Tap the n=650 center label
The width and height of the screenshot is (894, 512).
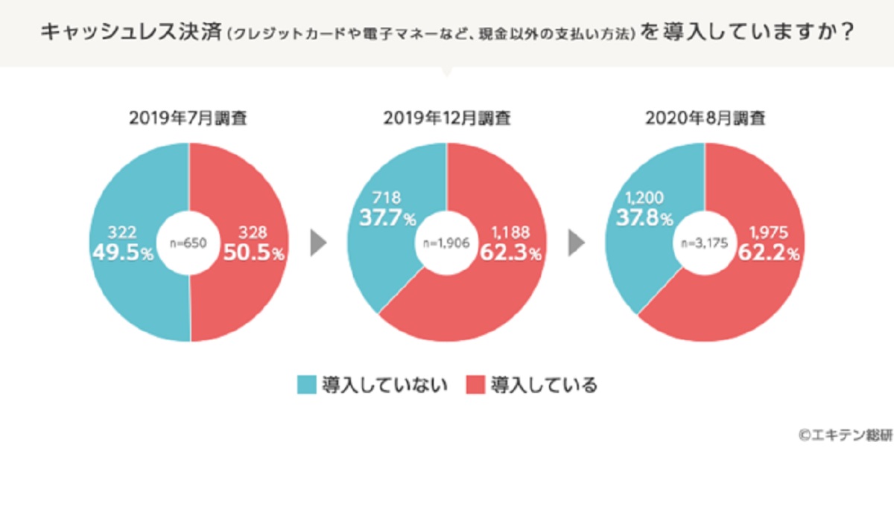[189, 243]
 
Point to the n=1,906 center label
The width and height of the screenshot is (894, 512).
[446, 243]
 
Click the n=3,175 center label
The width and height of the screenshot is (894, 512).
[704, 243]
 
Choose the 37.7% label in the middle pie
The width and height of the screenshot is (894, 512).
[382, 218]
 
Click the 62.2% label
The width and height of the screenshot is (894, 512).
[769, 253]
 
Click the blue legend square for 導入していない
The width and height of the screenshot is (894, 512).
[306, 385]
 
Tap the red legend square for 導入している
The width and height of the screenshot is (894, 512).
[475, 385]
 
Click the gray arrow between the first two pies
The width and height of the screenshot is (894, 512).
[318, 243]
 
